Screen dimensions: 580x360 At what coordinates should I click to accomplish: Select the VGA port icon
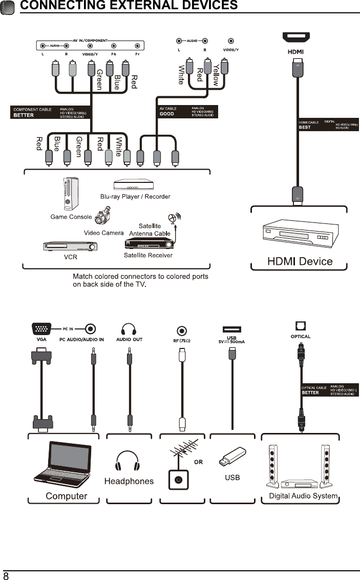click(41, 329)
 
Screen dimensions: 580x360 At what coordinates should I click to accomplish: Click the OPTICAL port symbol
click(300, 326)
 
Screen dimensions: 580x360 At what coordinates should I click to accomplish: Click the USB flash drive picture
click(232, 458)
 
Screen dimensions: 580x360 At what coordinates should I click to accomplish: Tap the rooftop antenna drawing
click(184, 451)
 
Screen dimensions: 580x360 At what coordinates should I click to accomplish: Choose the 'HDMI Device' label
click(300, 261)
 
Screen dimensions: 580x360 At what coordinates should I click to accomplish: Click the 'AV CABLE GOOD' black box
click(186, 111)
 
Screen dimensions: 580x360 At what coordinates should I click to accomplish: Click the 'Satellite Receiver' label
click(148, 255)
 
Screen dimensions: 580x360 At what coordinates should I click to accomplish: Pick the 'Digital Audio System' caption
click(303, 495)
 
